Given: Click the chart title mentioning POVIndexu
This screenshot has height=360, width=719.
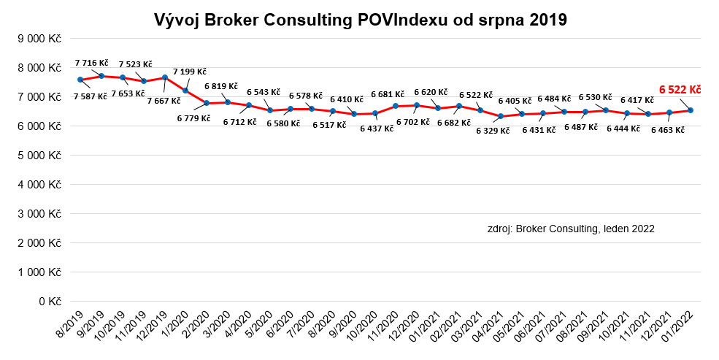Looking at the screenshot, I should pos(360,20).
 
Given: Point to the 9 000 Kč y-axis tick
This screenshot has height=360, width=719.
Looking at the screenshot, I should pos(40,39).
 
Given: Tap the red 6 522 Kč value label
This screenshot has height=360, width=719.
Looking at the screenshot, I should pos(680,90).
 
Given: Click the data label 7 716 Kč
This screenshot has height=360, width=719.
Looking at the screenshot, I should pos(91,64).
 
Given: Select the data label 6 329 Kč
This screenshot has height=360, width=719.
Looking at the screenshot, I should pos(493,131).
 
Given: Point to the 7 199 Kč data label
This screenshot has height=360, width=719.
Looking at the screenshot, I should pos(190,72).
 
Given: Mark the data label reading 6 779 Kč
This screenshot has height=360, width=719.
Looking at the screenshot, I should pos(193,118).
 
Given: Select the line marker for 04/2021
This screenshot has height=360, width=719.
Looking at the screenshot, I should pos(501,116).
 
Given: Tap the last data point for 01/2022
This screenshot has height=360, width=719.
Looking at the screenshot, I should pos(691,110).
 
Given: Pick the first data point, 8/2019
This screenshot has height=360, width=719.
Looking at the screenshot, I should pos(80,80).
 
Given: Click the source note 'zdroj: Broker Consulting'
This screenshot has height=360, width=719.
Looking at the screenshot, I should pos(571,229).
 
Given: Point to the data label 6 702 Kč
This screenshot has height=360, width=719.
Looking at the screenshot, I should pos(413,122).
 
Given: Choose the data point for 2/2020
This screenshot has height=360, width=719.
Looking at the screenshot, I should pos(207,103).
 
